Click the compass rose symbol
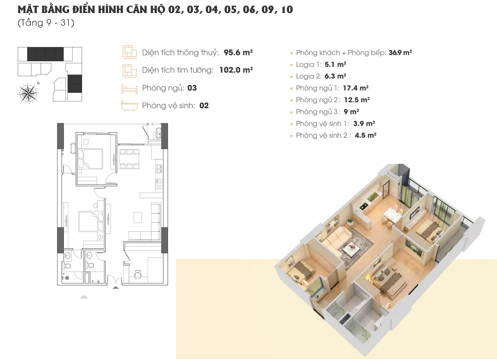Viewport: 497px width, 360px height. pos(28,93)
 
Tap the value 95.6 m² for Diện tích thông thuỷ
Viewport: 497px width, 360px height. pos(238,52)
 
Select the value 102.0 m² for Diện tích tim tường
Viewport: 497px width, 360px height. pos(236,70)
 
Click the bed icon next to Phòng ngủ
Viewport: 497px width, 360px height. pos(129,88)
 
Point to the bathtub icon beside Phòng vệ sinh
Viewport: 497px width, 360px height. pos(129,106)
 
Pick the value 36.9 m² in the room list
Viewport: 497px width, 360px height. pos(400,52)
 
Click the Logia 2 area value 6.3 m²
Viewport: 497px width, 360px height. pos(335,76)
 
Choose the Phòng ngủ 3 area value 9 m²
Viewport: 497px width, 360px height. pos(351,112)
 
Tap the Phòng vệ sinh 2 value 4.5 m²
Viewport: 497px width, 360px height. pos(366,135)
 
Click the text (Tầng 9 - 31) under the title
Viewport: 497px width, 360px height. pos(46,23)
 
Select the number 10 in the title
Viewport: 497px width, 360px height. pos(287,9)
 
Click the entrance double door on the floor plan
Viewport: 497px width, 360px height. pos(114,279)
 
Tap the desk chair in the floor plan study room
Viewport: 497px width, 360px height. pos(138,274)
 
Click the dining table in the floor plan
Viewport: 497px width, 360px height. pos(129,159)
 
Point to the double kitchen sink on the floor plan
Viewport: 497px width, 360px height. pos(159,169)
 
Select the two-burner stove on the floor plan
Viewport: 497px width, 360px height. pos(159,184)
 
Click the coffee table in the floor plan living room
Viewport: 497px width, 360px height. pos(138,217)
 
